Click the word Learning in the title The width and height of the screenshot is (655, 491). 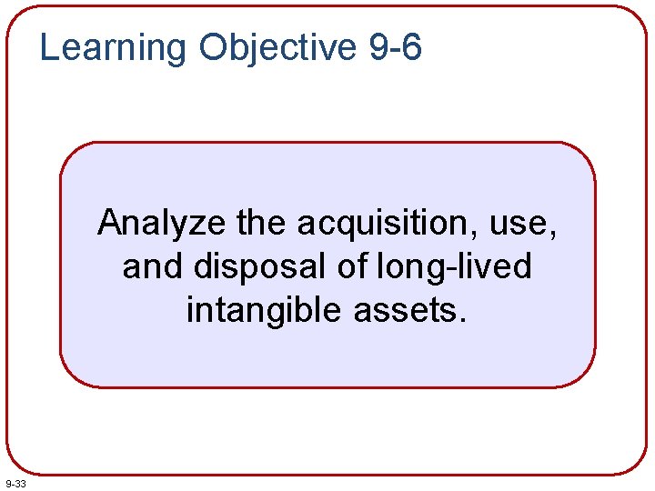click(112, 47)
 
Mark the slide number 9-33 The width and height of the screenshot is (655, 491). click(15, 484)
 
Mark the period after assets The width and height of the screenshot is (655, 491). click(463, 321)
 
